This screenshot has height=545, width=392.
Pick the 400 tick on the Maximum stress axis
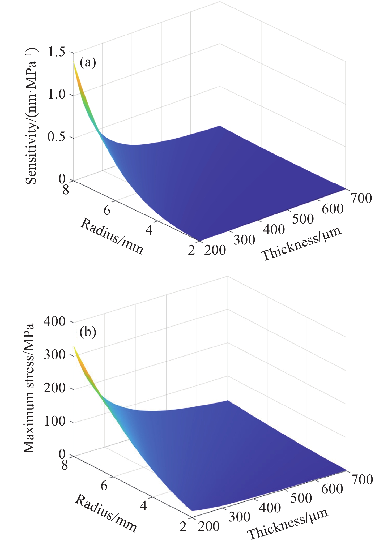54,322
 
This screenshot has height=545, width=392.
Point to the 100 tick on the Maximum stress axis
54,422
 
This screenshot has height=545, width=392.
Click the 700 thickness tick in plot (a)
360,198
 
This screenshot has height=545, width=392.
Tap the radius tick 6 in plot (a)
107,211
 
